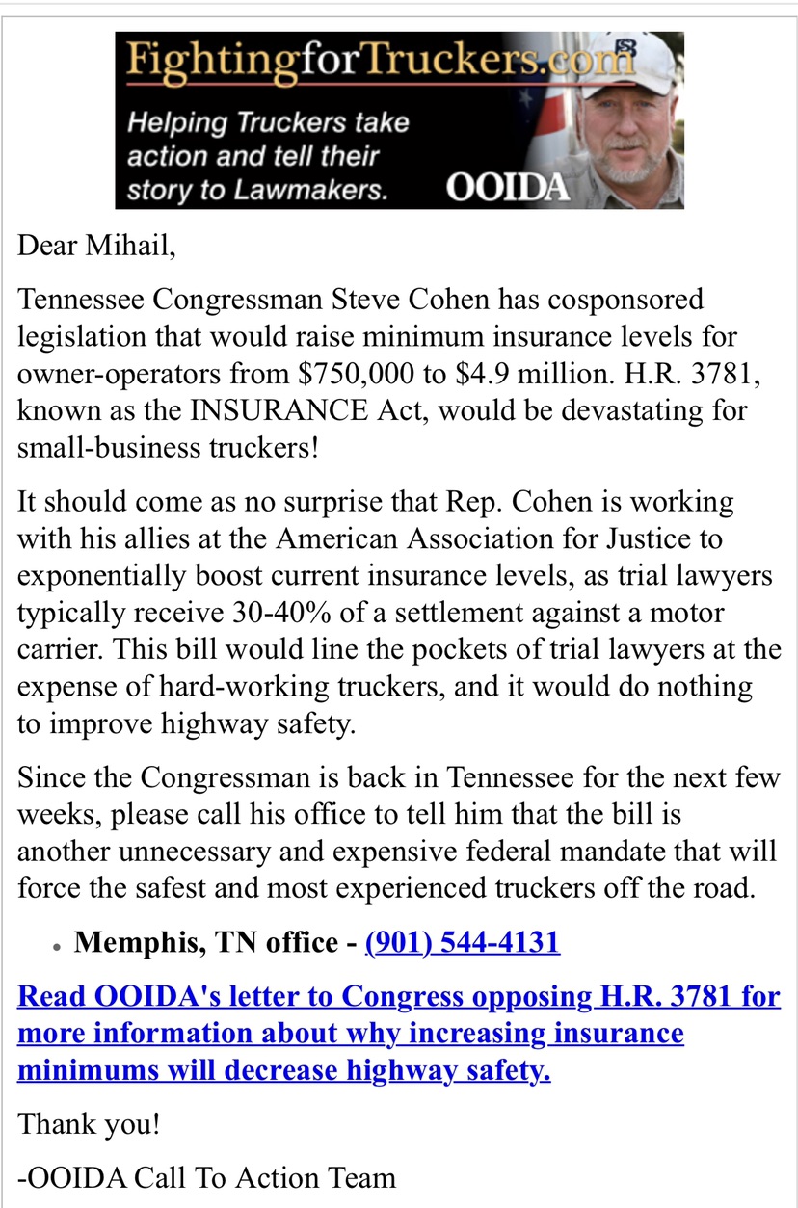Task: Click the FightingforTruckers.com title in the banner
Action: coord(381,65)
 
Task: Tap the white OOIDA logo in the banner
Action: coord(508,187)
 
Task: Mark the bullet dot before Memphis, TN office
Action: coord(58,949)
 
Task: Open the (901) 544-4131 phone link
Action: coord(463,942)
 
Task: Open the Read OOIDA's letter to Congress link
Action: coord(399,1034)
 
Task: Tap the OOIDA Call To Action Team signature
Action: coord(207,1177)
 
